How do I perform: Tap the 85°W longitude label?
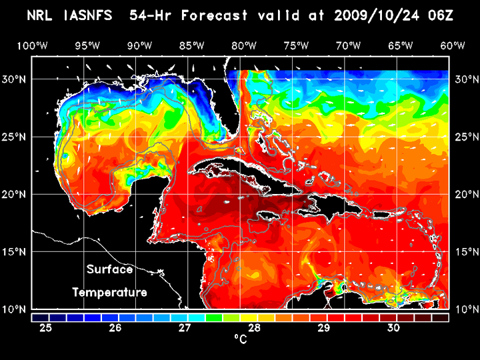coord(191,45)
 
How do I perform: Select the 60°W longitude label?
coord(453,45)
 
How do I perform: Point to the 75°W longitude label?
coord(296,45)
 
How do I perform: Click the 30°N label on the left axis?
coord(16,79)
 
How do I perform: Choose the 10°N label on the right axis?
coord(465,309)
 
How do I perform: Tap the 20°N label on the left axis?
coord(16,194)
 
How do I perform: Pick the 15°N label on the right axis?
coord(465,252)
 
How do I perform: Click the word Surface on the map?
coord(109,270)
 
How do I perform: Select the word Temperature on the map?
coord(109,293)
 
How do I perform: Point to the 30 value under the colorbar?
coord(393,328)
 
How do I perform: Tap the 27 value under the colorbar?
coord(185,328)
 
